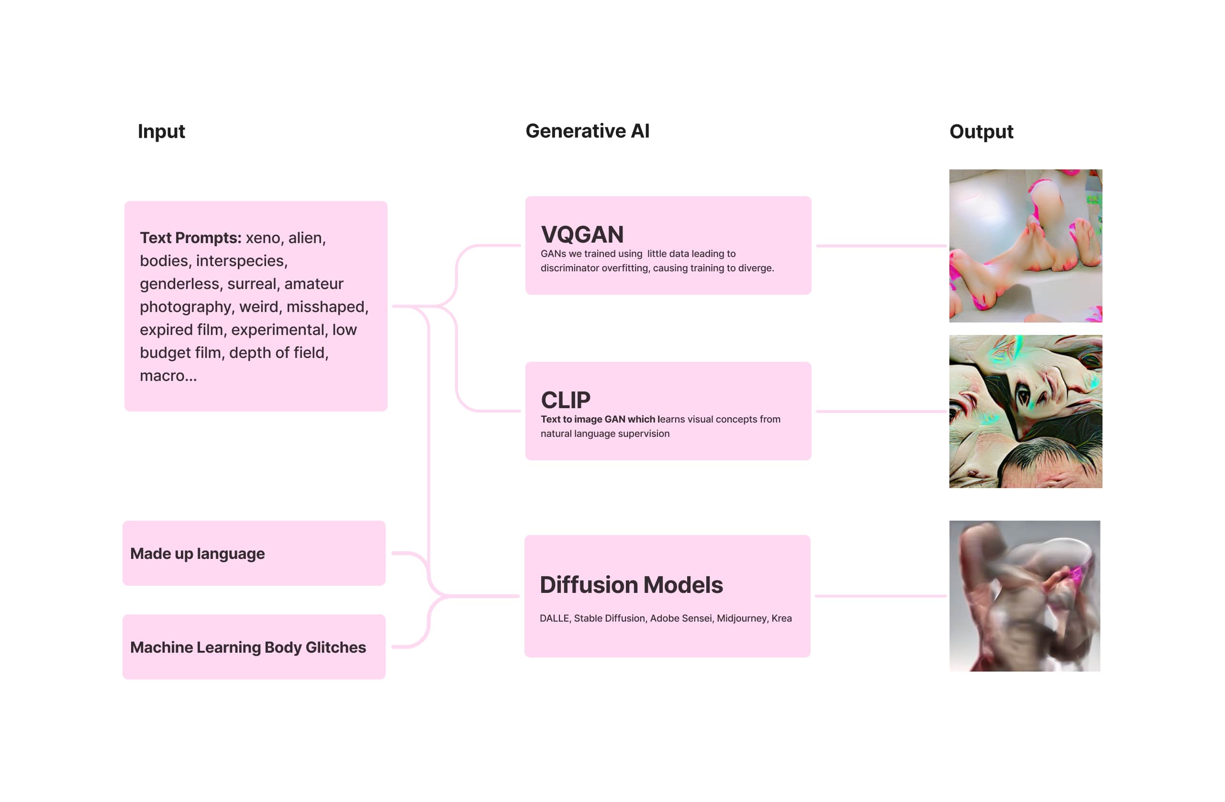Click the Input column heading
tap(161, 132)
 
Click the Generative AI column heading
tap(587, 131)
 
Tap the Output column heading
tap(981, 132)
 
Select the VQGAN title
tap(582, 235)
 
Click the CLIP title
tap(565, 400)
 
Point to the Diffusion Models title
tap(631, 585)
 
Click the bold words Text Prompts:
tap(190, 238)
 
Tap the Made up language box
tap(254, 553)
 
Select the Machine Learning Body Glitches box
tap(254, 647)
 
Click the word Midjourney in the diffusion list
tap(741, 618)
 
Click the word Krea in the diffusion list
tap(781, 618)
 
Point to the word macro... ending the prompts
tap(168, 376)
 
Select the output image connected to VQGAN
tap(1025, 246)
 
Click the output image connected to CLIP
tap(1025, 412)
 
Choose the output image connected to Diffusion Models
tap(1025, 596)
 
